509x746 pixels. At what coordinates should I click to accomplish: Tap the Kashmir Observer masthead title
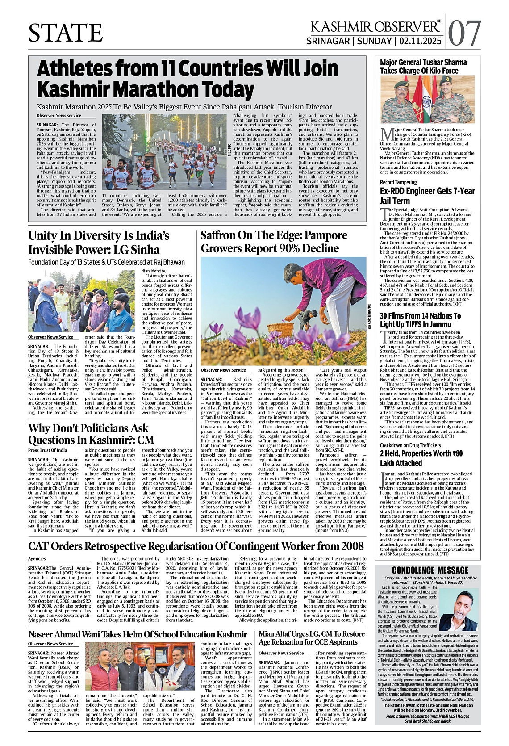point(375,27)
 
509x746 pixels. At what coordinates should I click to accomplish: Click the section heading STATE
point(66,33)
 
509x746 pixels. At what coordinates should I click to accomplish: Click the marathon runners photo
point(165,152)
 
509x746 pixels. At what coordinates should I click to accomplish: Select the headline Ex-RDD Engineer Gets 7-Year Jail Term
point(427,196)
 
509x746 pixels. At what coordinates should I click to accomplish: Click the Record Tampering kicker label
point(398,182)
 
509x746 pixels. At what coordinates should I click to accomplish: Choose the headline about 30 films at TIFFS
point(420,320)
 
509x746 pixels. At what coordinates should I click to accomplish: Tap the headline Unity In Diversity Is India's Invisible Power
point(99,243)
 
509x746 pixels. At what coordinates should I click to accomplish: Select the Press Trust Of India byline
point(48,450)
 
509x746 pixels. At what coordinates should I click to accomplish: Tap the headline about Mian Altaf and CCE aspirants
point(311,638)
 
